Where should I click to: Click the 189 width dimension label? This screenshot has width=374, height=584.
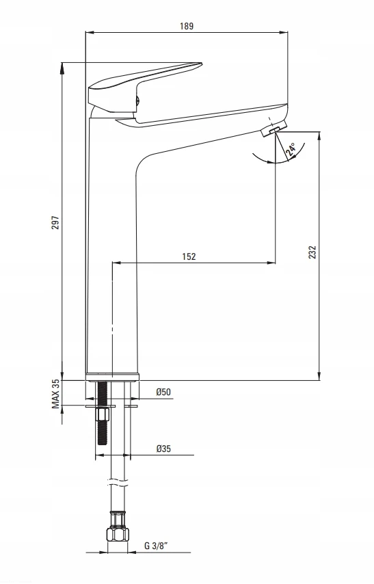click(187, 26)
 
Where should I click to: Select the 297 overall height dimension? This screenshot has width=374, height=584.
click(55, 222)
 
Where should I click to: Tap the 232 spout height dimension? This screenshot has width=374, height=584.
click(312, 252)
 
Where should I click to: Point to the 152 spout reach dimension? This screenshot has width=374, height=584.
click(189, 256)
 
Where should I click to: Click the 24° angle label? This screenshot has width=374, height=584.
click(291, 148)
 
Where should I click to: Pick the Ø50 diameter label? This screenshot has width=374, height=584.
click(163, 392)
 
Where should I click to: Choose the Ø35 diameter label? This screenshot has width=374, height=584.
click(163, 449)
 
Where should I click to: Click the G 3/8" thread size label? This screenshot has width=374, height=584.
click(156, 546)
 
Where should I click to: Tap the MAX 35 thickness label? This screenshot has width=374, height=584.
click(55, 394)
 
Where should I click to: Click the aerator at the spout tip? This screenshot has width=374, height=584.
click(274, 129)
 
